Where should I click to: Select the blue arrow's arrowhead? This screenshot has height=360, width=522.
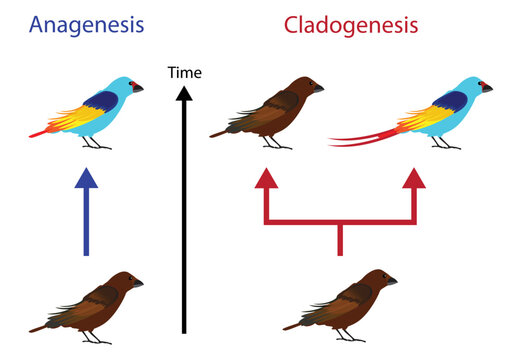click(88, 179)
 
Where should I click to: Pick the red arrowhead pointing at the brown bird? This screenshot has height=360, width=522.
click(265, 179)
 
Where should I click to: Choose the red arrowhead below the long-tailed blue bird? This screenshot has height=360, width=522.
click(414, 179)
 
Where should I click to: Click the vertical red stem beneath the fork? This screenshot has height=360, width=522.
click(340, 239)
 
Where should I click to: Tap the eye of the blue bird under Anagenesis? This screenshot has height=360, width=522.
click(128, 85)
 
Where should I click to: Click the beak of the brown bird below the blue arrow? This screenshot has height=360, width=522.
click(140, 283)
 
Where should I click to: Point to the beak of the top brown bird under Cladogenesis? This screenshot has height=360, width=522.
click(318, 88)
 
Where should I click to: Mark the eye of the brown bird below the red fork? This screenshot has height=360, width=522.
click(381, 279)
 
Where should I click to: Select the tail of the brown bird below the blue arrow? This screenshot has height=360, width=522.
click(45, 323)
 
